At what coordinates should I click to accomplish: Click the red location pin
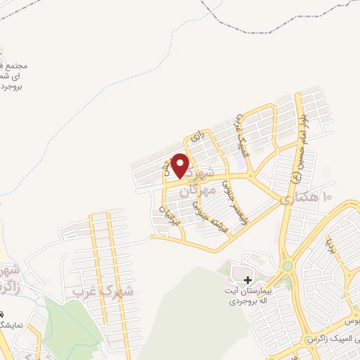pyautogui.click(x=180, y=165)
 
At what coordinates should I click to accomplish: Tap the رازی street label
pyautogui.click(x=197, y=134)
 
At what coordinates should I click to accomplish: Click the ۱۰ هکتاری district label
pyautogui.click(x=307, y=199)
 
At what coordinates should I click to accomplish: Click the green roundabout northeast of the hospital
pyautogui.click(x=288, y=266)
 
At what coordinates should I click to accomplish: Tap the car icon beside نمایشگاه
pyautogui.click(x=2, y=314)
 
